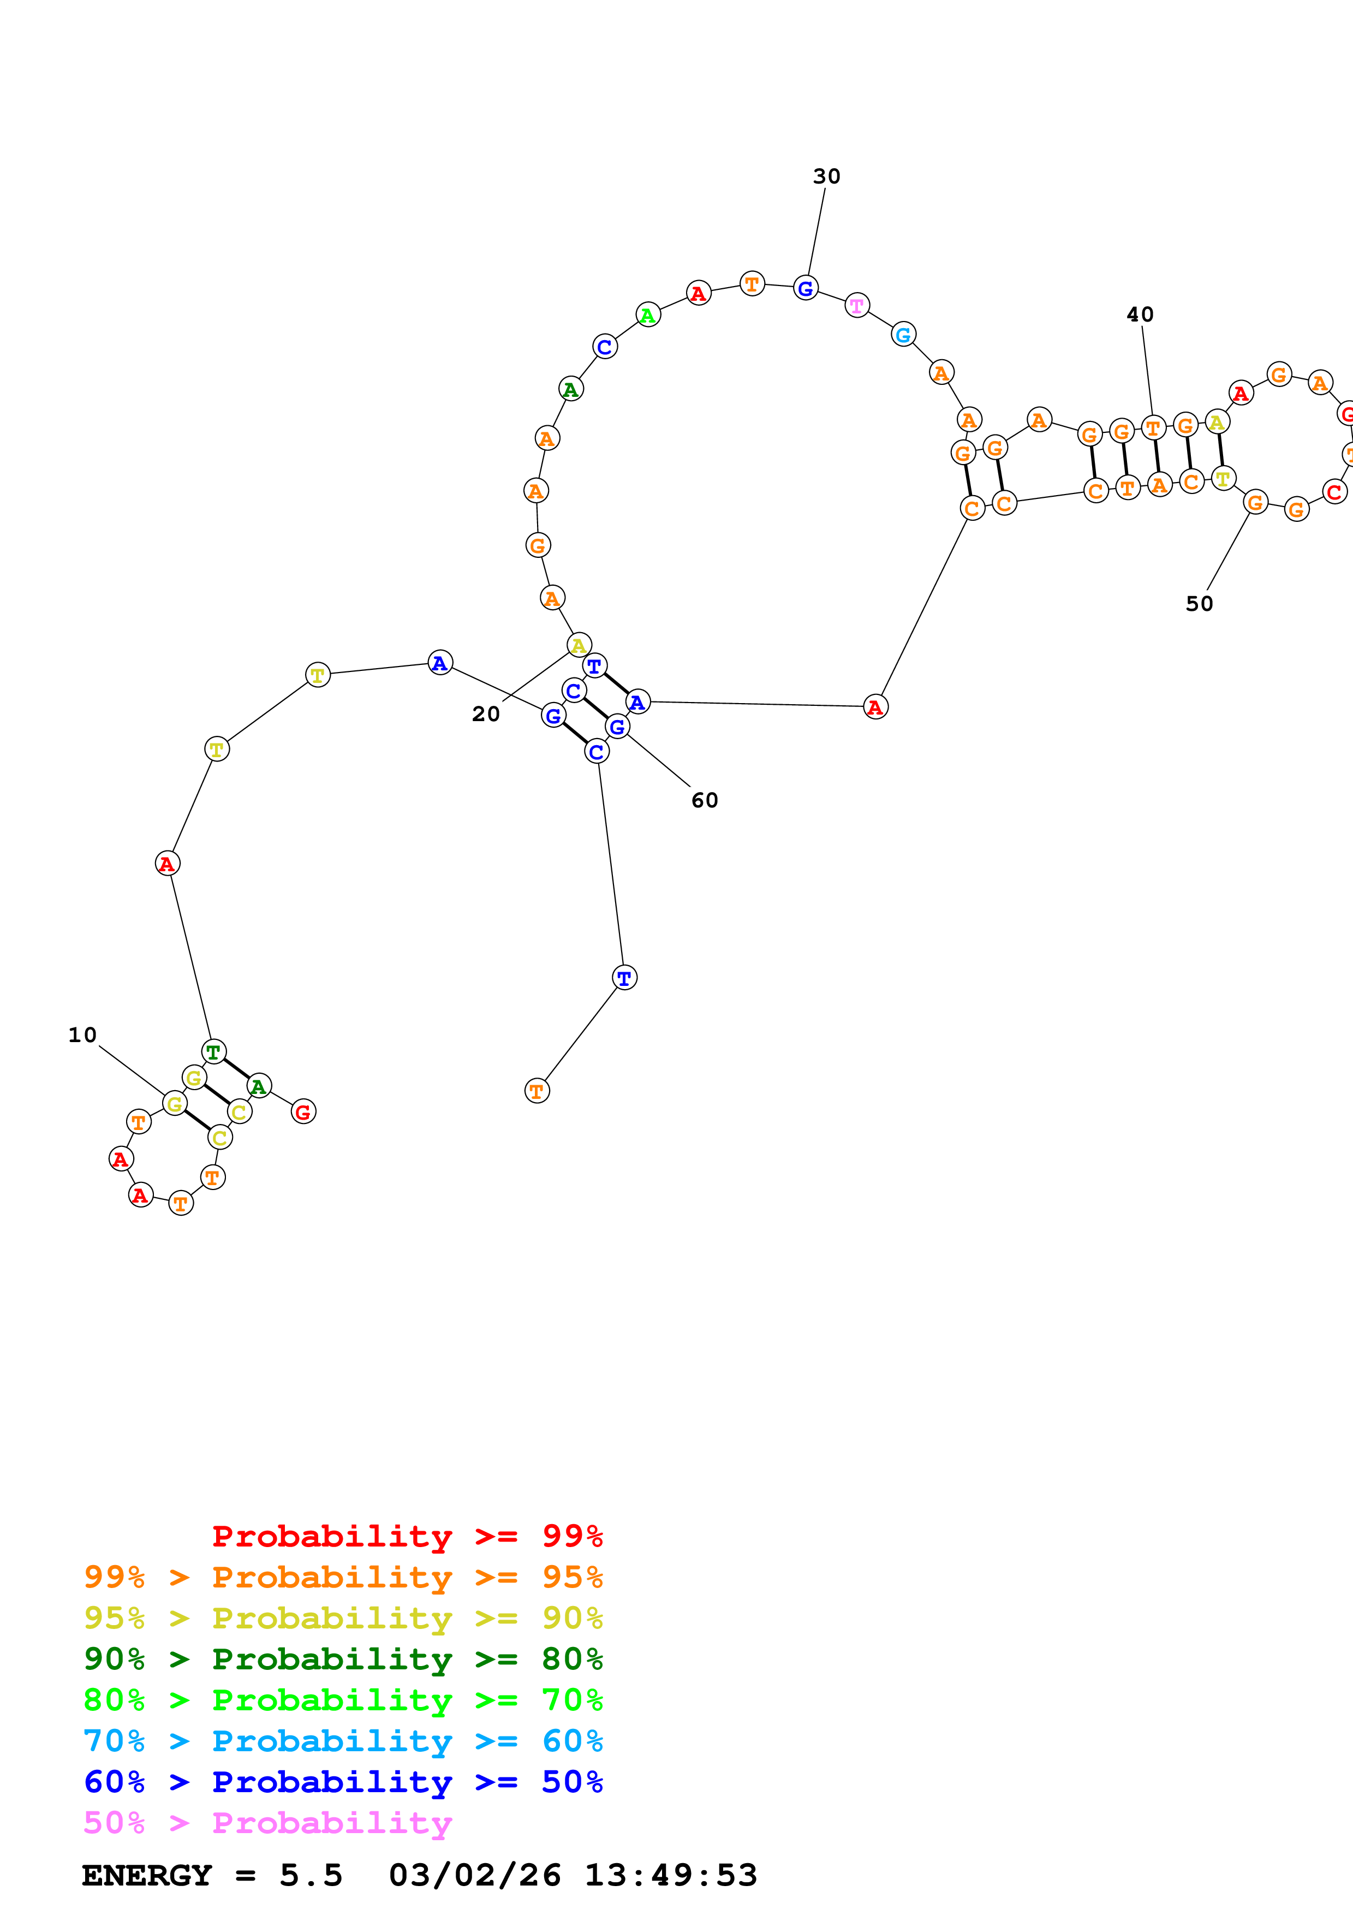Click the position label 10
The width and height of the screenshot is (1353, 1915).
coord(82,1035)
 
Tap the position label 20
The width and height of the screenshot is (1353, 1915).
coord(486,714)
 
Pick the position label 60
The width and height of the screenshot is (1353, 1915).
coord(705,801)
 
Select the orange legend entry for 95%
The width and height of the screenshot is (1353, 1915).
coord(343,1577)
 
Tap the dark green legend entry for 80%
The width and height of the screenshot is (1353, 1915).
coord(343,1659)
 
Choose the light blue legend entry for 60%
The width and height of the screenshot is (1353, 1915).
coord(343,1741)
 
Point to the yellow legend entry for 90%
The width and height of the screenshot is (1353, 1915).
coord(343,1618)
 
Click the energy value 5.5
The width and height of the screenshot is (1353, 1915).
coord(311,1875)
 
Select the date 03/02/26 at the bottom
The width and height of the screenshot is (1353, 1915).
coord(474,1875)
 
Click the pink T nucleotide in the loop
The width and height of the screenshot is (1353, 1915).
coord(857,305)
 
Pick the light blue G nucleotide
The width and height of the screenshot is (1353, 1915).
coord(903,335)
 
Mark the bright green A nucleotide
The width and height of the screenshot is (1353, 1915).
coord(648,316)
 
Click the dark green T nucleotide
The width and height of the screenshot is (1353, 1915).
coord(213,1052)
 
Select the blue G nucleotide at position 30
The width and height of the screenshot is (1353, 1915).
coord(805,289)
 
